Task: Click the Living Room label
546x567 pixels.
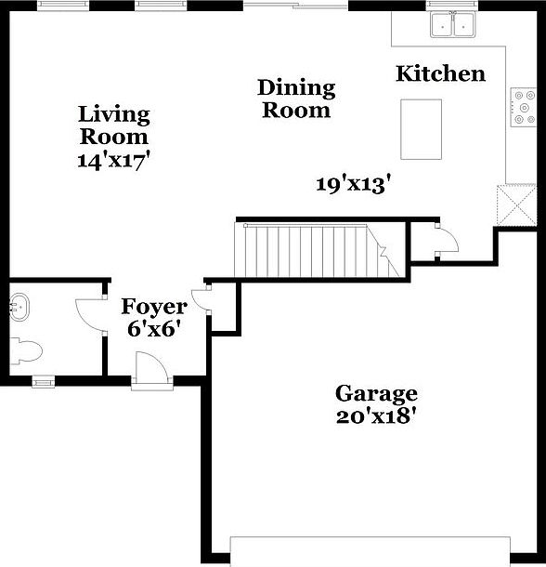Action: (113, 125)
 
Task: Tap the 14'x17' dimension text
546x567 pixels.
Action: (113, 159)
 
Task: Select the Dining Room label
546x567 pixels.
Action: (295, 99)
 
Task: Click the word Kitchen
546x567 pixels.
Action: (440, 73)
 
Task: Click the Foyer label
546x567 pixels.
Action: (155, 306)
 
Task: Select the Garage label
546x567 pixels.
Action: (376, 393)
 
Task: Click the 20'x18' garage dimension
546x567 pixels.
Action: (376, 415)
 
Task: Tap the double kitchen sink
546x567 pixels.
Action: (453, 25)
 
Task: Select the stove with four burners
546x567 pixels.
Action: (523, 107)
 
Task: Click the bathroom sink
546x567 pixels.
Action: (20, 305)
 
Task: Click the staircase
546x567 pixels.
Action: (316, 249)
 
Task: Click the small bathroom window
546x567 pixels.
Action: (42, 380)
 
